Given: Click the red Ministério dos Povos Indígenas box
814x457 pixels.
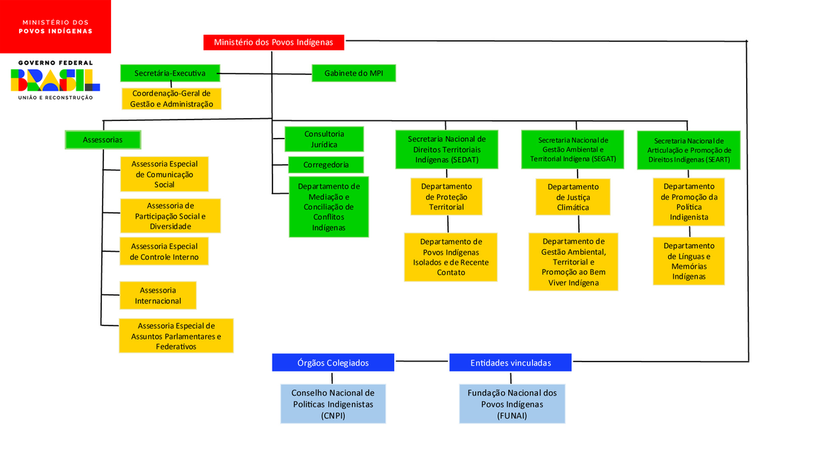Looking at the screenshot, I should pos(273,42).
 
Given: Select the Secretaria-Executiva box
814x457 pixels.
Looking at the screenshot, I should pos(170,73).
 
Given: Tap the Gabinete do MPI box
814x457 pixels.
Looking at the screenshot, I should pos(353,73).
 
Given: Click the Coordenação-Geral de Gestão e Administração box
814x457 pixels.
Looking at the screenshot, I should pos(171,98).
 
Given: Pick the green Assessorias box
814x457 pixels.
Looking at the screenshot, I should pos(103,139).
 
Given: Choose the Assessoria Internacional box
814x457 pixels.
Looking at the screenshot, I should pos(158,296).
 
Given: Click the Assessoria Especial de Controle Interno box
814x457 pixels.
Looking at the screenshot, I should pos(164,251).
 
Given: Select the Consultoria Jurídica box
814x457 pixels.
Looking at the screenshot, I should pos(325,139).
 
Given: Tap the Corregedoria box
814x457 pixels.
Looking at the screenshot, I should pos(326,165).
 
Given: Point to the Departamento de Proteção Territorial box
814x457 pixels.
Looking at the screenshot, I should pos(446,197).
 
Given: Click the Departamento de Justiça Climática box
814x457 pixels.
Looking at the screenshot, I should pos(573,197).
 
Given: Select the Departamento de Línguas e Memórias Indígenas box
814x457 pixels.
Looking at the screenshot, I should pos(689,261).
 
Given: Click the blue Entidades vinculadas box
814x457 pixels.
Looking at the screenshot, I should pos(510,362).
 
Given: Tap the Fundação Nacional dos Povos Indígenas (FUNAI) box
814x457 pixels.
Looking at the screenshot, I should pos(512,404).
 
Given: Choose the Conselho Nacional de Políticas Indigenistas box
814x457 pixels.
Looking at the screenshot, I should pos(333,404).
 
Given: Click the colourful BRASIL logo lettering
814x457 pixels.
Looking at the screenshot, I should pos(55,80).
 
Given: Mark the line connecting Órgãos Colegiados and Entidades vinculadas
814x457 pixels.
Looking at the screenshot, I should pos(422,361).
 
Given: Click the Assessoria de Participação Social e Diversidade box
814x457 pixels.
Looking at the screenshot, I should pos(170,216).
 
